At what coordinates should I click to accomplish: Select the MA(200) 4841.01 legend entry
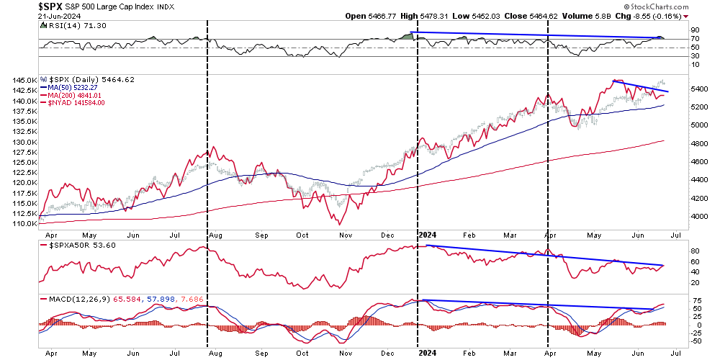[x=74, y=95]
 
